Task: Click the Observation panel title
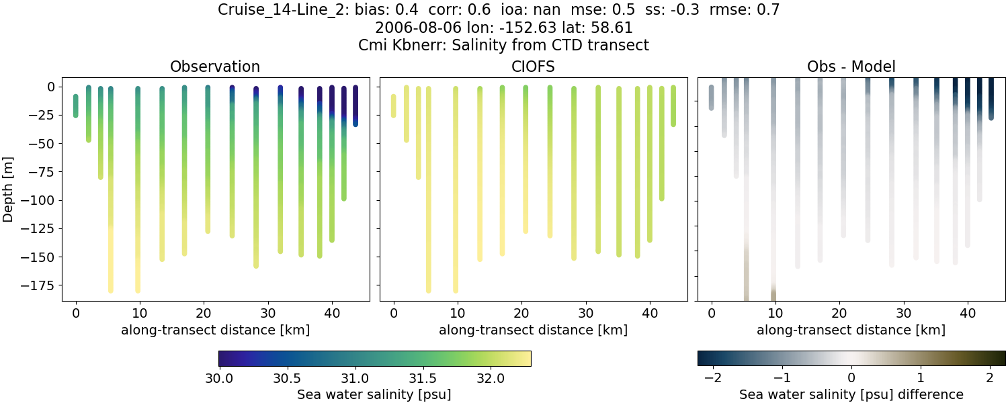click(x=215, y=66)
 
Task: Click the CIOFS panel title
click(x=533, y=66)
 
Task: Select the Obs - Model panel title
click(x=851, y=66)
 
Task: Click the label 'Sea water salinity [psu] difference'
click(x=851, y=394)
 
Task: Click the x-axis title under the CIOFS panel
click(x=533, y=330)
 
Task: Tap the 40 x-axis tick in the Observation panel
click(x=332, y=312)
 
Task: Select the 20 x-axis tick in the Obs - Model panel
click(x=839, y=312)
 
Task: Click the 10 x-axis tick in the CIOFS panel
click(x=458, y=312)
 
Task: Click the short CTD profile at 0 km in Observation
click(x=75, y=106)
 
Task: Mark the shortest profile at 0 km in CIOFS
click(x=393, y=106)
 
